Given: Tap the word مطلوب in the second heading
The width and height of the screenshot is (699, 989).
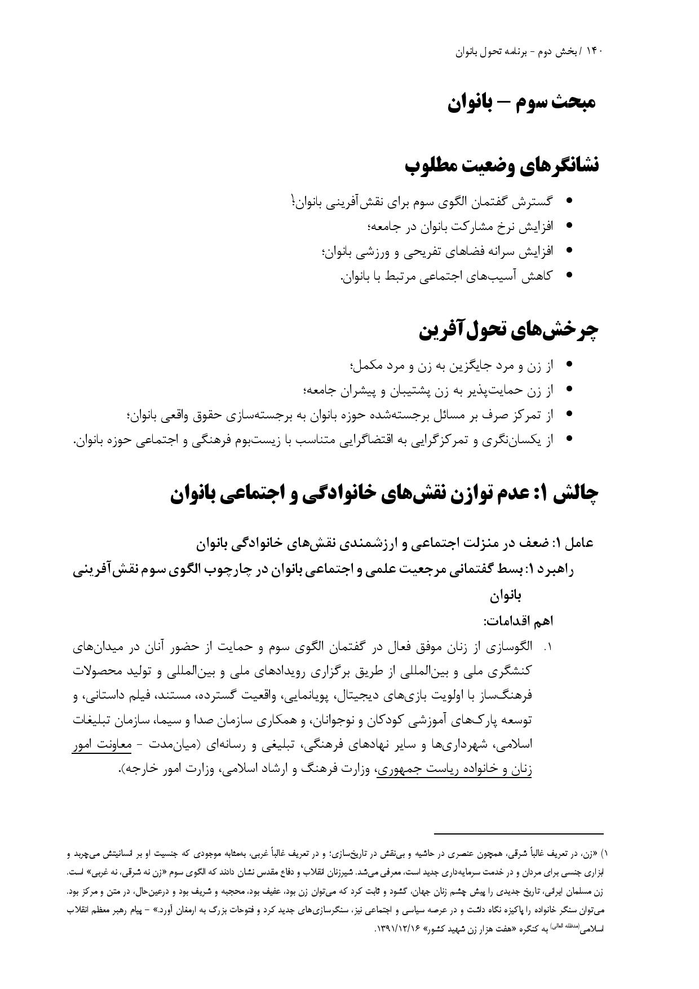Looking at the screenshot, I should [435, 166].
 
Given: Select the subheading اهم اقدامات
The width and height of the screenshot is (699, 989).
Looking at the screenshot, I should [518, 621].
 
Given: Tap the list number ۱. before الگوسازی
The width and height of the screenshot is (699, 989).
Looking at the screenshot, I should [547, 648].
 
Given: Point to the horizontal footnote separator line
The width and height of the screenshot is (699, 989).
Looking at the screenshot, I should [519, 833].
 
